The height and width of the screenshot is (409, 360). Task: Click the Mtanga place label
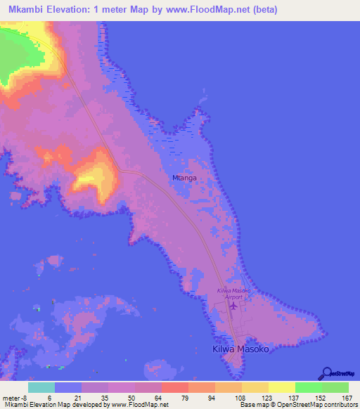[184, 178]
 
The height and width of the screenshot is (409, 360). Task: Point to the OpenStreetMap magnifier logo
[326, 372]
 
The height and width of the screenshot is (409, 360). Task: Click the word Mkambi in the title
[28, 10]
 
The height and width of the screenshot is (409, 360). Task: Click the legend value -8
[24, 398]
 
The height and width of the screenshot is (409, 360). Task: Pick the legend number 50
[122, 398]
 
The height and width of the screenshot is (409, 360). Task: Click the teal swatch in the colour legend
[41, 387]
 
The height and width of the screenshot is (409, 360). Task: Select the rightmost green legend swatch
[335, 387]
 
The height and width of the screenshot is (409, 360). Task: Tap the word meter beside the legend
[11, 398]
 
